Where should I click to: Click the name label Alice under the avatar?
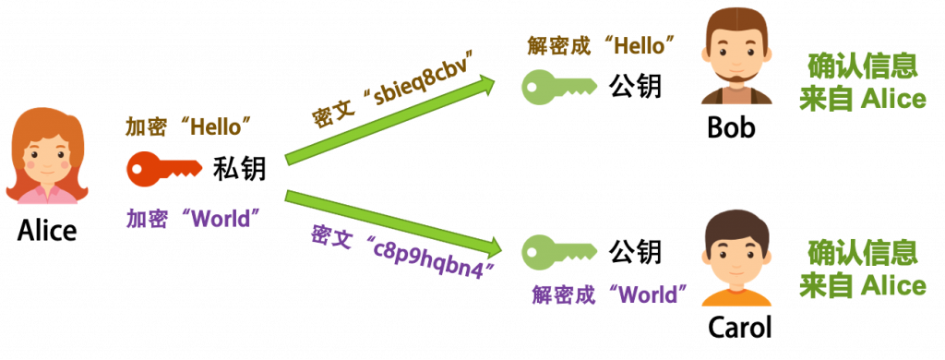tap(47, 231)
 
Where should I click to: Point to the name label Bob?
tap(731, 127)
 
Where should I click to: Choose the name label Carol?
tap(739, 328)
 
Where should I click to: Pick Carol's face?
tap(736, 260)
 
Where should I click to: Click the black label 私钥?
tap(239, 170)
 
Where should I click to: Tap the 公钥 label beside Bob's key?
tap(635, 87)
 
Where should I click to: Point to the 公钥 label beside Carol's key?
tap(635, 251)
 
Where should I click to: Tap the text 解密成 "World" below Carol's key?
tap(609, 294)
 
